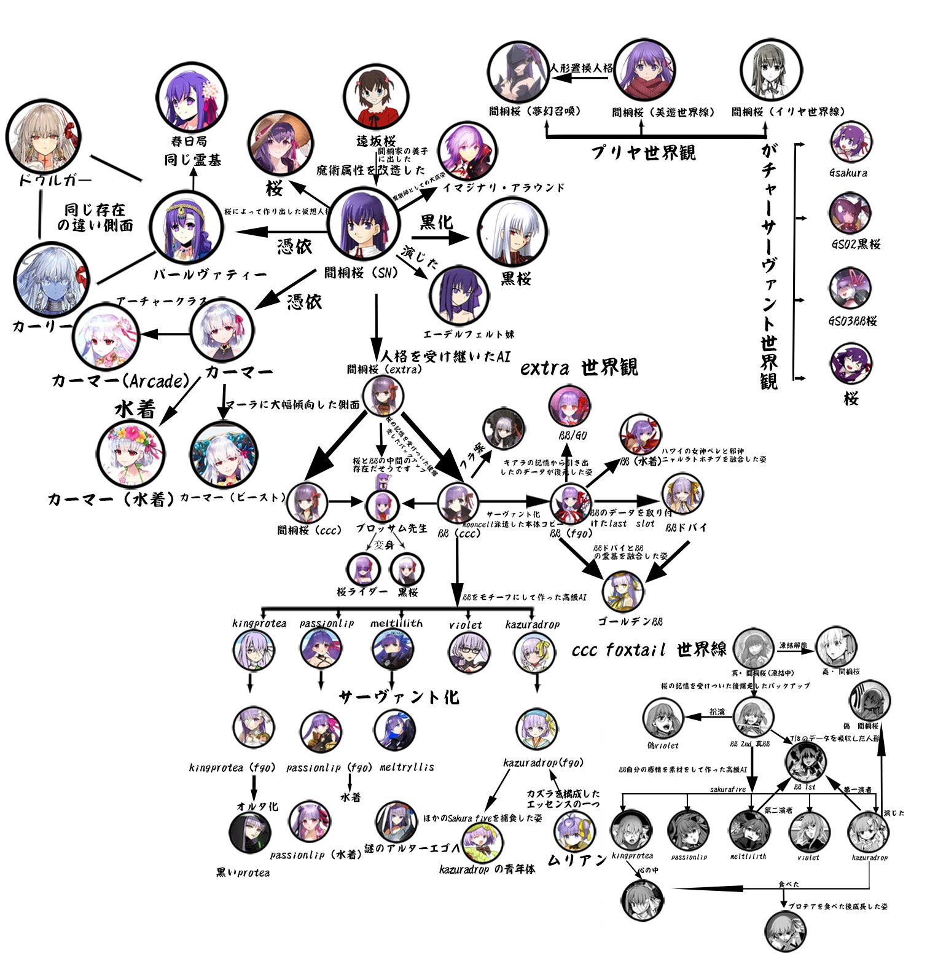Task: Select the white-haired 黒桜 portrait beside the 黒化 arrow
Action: tap(512, 232)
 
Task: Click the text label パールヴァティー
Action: tap(210, 275)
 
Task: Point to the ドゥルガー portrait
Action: tap(43, 139)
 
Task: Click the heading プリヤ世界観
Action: tap(643, 152)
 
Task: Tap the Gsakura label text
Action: tap(848, 173)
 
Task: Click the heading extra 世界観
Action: tap(579, 367)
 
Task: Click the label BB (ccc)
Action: tap(458, 534)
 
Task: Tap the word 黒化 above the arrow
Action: tap(437, 222)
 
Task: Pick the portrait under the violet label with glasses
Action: tap(469, 651)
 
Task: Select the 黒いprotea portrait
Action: tap(249, 833)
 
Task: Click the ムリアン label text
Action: tap(577, 860)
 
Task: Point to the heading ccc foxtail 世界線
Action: tap(649, 649)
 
